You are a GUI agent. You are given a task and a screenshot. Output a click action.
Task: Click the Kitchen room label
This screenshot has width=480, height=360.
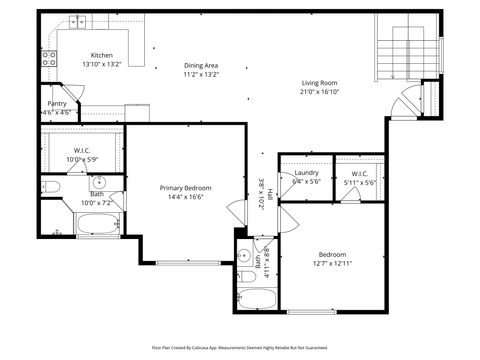(102, 55)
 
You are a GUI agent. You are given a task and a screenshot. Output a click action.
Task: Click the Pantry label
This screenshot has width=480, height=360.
(56, 103)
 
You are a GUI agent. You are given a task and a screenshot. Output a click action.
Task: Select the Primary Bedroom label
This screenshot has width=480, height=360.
(185, 187)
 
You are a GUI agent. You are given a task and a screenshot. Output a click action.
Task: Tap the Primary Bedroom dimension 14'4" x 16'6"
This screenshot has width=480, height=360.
(185, 196)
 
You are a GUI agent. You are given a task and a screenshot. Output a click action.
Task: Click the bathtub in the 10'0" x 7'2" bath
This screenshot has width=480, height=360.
(97, 225)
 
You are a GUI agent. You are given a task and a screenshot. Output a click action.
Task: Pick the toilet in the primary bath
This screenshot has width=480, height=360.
(51, 186)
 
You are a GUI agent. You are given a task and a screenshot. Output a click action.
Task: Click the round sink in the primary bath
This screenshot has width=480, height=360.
(99, 183)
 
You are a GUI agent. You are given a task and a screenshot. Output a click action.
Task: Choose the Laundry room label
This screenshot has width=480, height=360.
(306, 173)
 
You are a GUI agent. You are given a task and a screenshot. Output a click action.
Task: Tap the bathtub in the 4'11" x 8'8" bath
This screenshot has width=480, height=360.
(258, 298)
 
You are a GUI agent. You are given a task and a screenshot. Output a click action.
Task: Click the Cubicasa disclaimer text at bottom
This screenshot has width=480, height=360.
(240, 348)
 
